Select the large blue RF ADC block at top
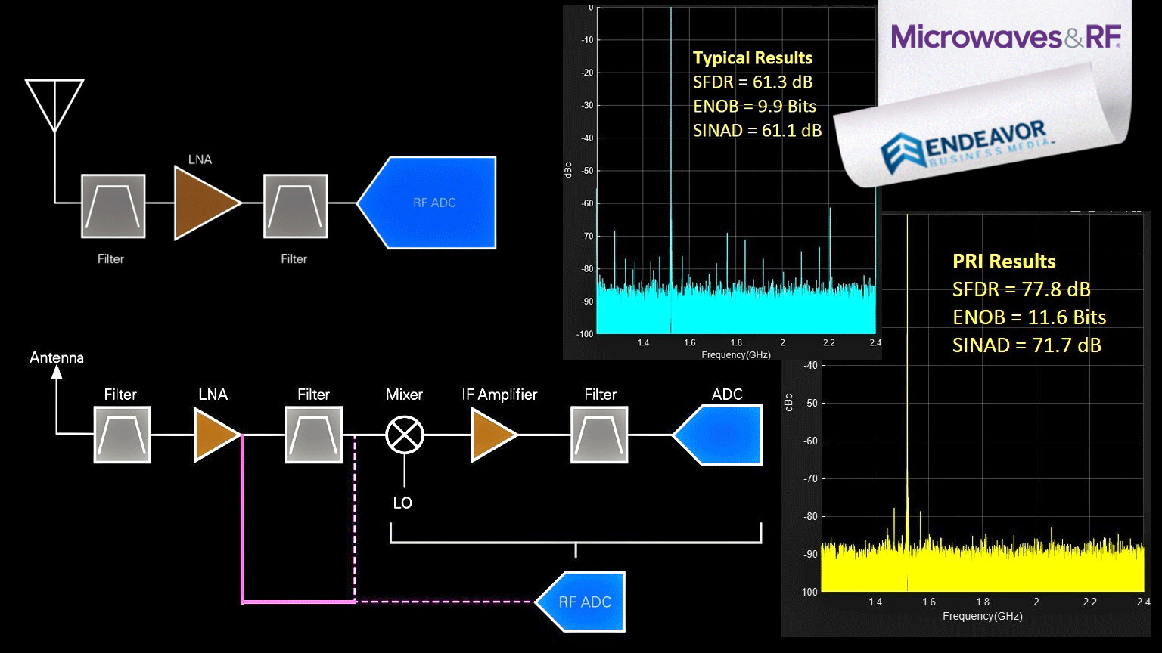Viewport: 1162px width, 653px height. pyautogui.click(x=431, y=203)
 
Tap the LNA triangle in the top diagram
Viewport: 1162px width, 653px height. pyautogui.click(x=204, y=203)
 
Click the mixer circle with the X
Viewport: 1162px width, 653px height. pyautogui.click(x=405, y=435)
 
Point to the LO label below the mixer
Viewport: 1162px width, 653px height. pyautogui.click(x=402, y=503)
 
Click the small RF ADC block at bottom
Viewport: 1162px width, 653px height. pyautogui.click(x=583, y=602)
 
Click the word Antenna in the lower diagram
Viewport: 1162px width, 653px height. pyautogui.click(x=57, y=357)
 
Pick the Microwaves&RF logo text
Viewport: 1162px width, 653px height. pyautogui.click(x=1005, y=36)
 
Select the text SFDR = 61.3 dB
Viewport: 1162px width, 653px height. pyautogui.click(x=753, y=82)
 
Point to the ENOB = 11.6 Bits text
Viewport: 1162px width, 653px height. pyautogui.click(x=1029, y=317)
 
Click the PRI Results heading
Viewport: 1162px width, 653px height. pyautogui.click(x=1004, y=262)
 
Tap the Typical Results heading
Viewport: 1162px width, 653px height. pyautogui.click(x=753, y=58)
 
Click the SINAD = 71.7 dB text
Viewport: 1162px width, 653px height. pyautogui.click(x=1027, y=345)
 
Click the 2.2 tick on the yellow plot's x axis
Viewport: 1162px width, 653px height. pyautogui.click(x=1089, y=602)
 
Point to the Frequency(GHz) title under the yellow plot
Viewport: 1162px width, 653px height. pyautogui.click(x=982, y=617)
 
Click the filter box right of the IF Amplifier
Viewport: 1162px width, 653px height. pyautogui.click(x=599, y=435)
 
